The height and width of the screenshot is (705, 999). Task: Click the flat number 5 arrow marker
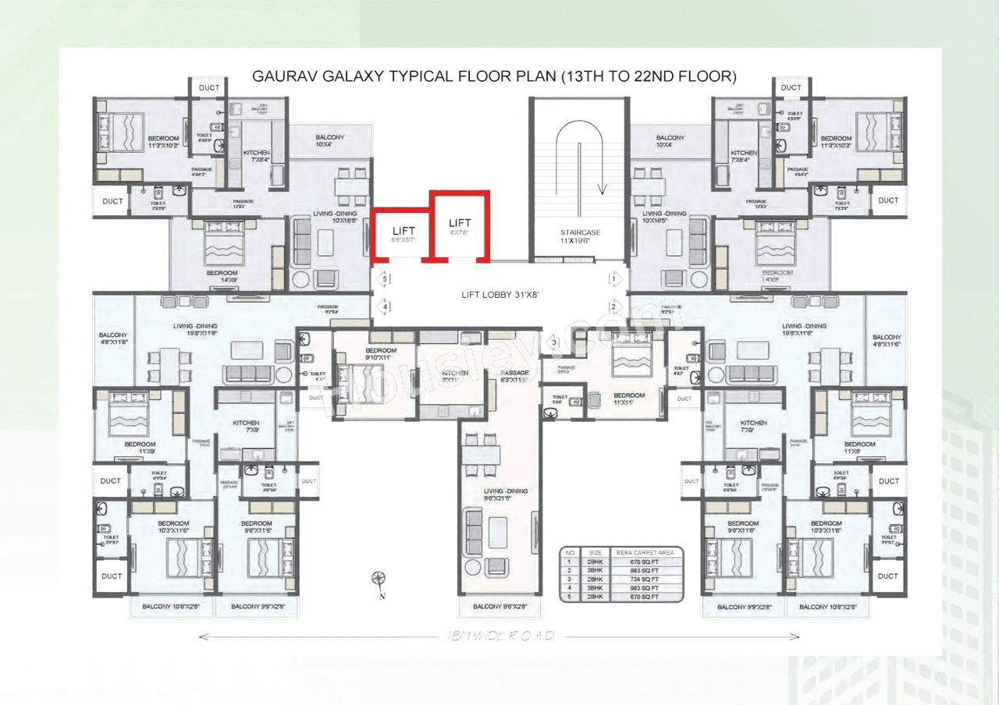tap(385, 278)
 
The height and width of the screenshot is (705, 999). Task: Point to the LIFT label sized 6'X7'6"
tap(460, 227)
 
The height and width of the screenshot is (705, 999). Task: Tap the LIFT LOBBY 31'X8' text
tap(499, 296)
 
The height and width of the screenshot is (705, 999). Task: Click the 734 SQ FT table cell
tap(644, 579)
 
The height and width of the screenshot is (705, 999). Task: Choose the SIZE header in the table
tap(595, 552)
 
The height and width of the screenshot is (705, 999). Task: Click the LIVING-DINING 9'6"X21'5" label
tap(506, 495)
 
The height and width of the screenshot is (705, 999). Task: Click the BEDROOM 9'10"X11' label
tap(381, 355)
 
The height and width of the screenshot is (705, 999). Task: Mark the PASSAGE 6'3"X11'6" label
tap(515, 377)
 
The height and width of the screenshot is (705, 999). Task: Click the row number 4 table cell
tap(571, 588)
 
